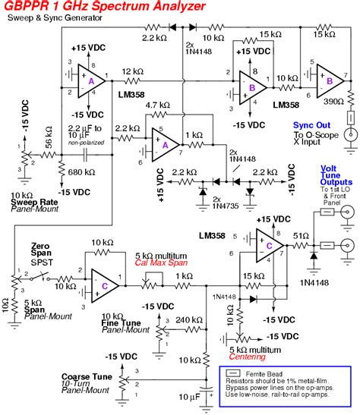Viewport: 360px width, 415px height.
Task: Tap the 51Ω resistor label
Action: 302,235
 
